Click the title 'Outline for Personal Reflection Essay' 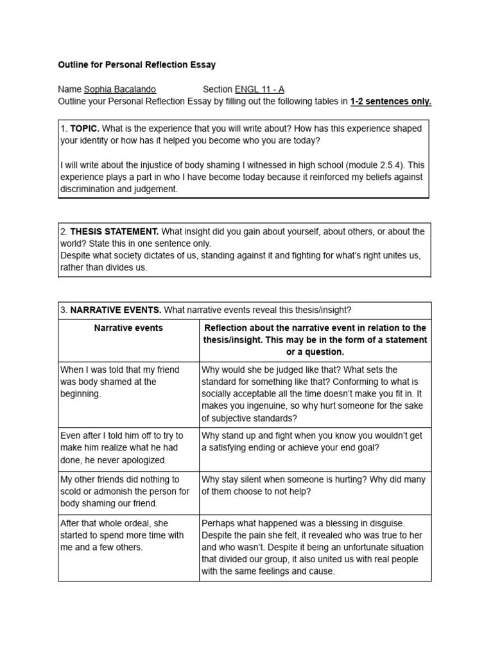137,65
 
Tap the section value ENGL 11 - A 259,89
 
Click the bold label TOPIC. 85,129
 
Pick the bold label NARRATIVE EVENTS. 116,310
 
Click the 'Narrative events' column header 128,328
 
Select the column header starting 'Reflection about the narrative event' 315,340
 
